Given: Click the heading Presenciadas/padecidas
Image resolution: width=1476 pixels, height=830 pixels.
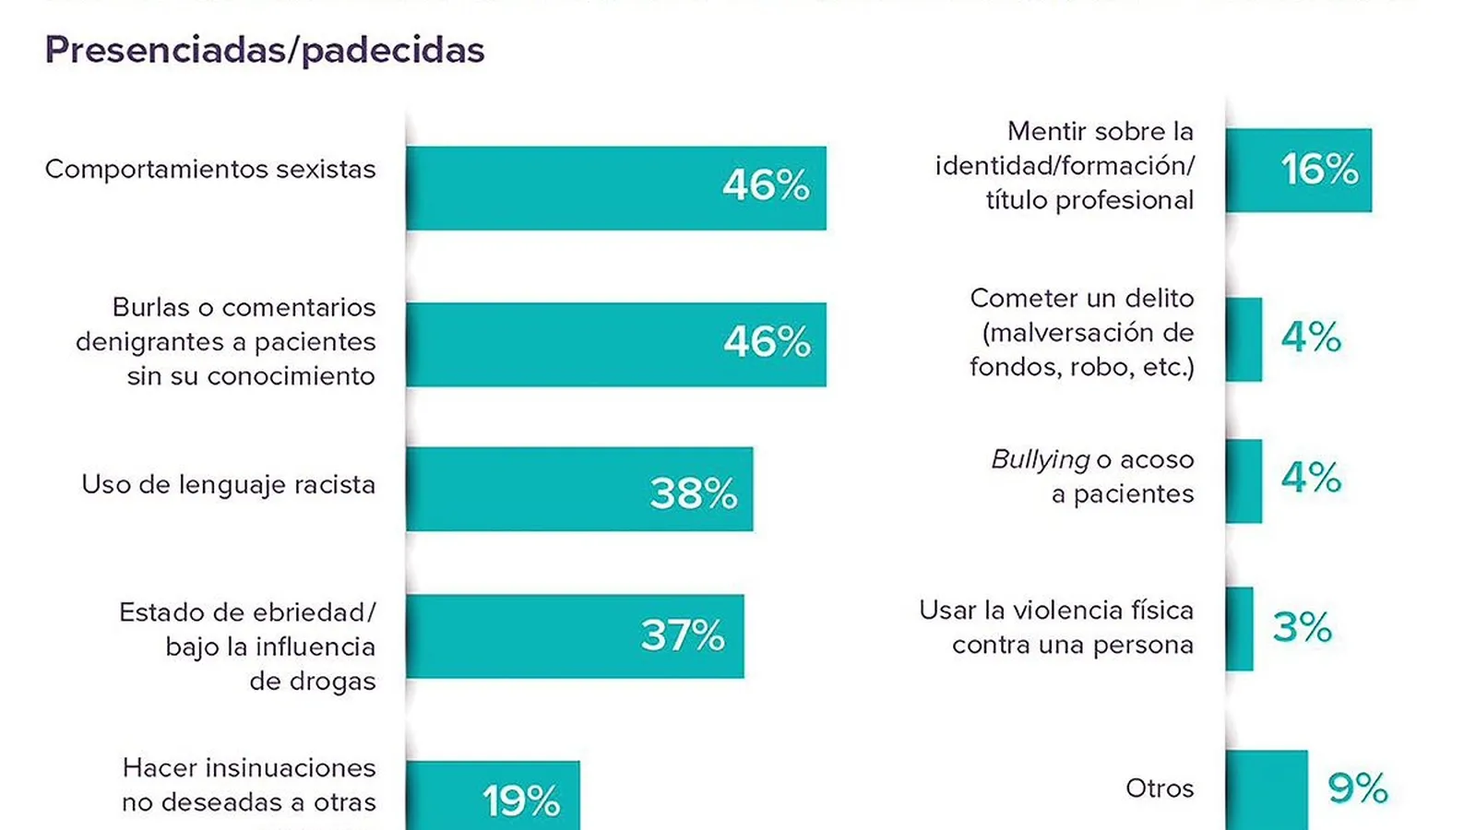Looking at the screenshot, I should point(265,51).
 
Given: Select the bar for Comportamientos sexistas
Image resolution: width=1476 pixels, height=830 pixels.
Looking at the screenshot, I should point(553,188).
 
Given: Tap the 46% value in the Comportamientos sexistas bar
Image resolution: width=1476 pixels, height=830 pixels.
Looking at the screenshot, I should point(766,185).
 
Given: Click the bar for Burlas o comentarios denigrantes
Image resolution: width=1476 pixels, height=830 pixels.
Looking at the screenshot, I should point(553,344).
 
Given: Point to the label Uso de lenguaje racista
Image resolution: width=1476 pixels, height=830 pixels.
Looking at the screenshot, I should point(228,485).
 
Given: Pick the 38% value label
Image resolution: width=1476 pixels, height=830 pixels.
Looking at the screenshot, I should point(694,493).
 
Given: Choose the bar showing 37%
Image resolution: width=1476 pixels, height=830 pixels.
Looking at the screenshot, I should point(517,636).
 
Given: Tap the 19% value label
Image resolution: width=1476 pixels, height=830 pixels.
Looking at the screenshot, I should point(521,800).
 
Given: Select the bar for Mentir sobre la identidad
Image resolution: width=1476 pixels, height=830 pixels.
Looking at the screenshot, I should point(1273,171).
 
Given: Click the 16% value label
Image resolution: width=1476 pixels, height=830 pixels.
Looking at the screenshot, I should point(1319,170).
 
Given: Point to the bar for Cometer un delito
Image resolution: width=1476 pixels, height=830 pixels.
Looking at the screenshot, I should point(1244,339).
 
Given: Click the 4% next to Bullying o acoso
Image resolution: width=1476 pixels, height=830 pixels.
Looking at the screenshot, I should point(1311,478).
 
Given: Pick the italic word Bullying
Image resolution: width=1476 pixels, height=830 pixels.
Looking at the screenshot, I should point(1040,459).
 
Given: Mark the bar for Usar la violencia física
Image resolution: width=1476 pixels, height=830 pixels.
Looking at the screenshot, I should point(1239,629).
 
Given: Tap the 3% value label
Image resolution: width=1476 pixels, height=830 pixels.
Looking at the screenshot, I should point(1302,628).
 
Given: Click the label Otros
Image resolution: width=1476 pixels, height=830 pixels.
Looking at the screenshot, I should point(1160,788).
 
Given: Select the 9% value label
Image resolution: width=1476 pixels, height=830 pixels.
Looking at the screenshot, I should point(1357,788).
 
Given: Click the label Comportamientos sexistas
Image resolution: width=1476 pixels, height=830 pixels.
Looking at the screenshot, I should point(210,170).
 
